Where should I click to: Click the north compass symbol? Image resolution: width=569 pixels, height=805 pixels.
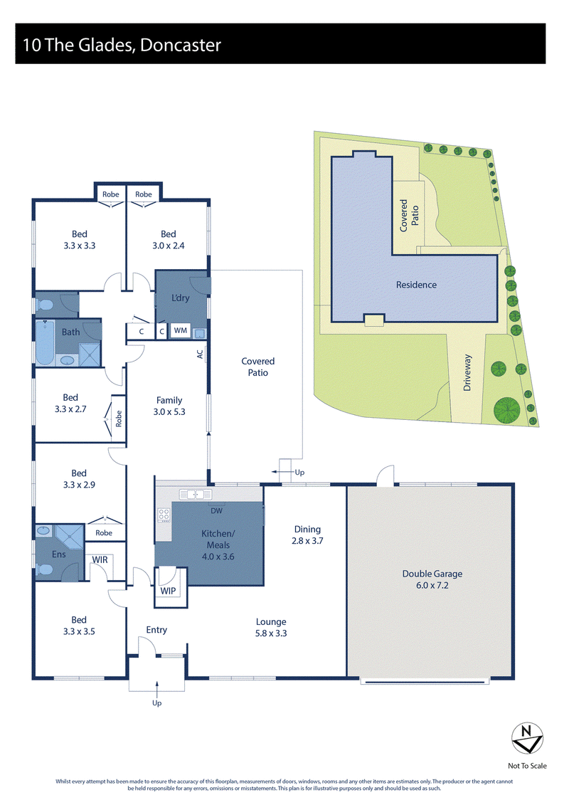click(527, 738)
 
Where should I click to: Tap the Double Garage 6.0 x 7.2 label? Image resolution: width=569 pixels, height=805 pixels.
click(432, 579)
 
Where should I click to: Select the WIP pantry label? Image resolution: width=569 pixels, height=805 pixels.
click(168, 591)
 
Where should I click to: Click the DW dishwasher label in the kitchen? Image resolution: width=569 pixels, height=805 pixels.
click(216, 511)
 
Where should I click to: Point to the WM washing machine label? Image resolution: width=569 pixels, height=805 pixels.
click(180, 330)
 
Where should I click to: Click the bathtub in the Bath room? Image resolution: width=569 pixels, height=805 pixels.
click(45, 342)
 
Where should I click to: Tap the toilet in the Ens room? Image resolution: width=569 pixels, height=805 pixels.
click(45, 570)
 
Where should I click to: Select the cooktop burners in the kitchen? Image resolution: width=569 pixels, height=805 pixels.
click(164, 515)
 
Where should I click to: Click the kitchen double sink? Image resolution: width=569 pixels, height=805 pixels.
click(196, 495)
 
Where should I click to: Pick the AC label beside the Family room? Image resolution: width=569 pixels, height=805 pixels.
click(200, 354)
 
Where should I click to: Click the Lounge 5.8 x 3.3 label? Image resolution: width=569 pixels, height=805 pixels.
click(271, 627)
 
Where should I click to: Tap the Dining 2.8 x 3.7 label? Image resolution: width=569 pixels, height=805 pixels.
click(307, 535)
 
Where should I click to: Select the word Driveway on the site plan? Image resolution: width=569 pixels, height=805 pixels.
click(467, 373)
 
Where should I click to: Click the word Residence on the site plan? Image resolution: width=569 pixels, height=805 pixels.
click(416, 285)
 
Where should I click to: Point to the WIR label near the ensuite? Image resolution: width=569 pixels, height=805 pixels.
click(100, 559)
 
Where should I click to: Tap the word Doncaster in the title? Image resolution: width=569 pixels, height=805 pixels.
click(180, 45)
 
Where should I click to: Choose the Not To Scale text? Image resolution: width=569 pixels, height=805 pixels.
click(527, 765)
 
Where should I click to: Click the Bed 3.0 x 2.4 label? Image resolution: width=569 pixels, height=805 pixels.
click(169, 240)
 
